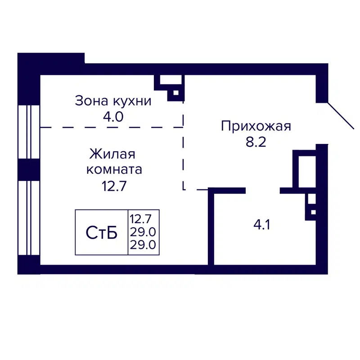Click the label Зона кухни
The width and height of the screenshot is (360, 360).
[x=113, y=101]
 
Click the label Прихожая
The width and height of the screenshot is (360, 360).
[x=256, y=126]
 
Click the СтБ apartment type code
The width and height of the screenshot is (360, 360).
[x=102, y=233]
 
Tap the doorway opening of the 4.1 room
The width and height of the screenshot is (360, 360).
[x=263, y=190]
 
